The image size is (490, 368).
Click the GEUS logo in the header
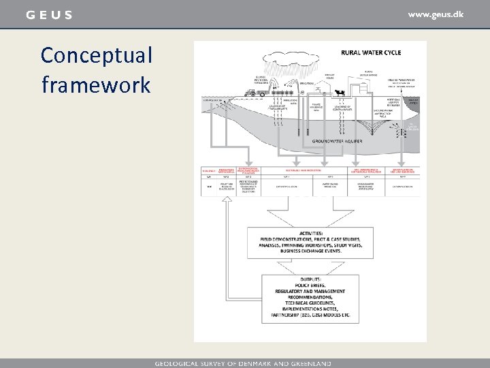pyautogui.click(x=48, y=15)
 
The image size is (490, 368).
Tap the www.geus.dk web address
pyautogui.click(x=436, y=14)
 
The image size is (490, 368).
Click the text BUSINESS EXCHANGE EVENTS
pyautogui.click(x=310, y=251)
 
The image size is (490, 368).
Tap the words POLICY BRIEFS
pyautogui.click(x=310, y=284)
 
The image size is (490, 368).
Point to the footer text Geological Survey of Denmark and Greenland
pyautogui.click(x=243, y=363)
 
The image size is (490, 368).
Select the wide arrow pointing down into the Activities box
pyautogui.click(x=310, y=217)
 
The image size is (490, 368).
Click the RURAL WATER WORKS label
pyautogui.click(x=372, y=73)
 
